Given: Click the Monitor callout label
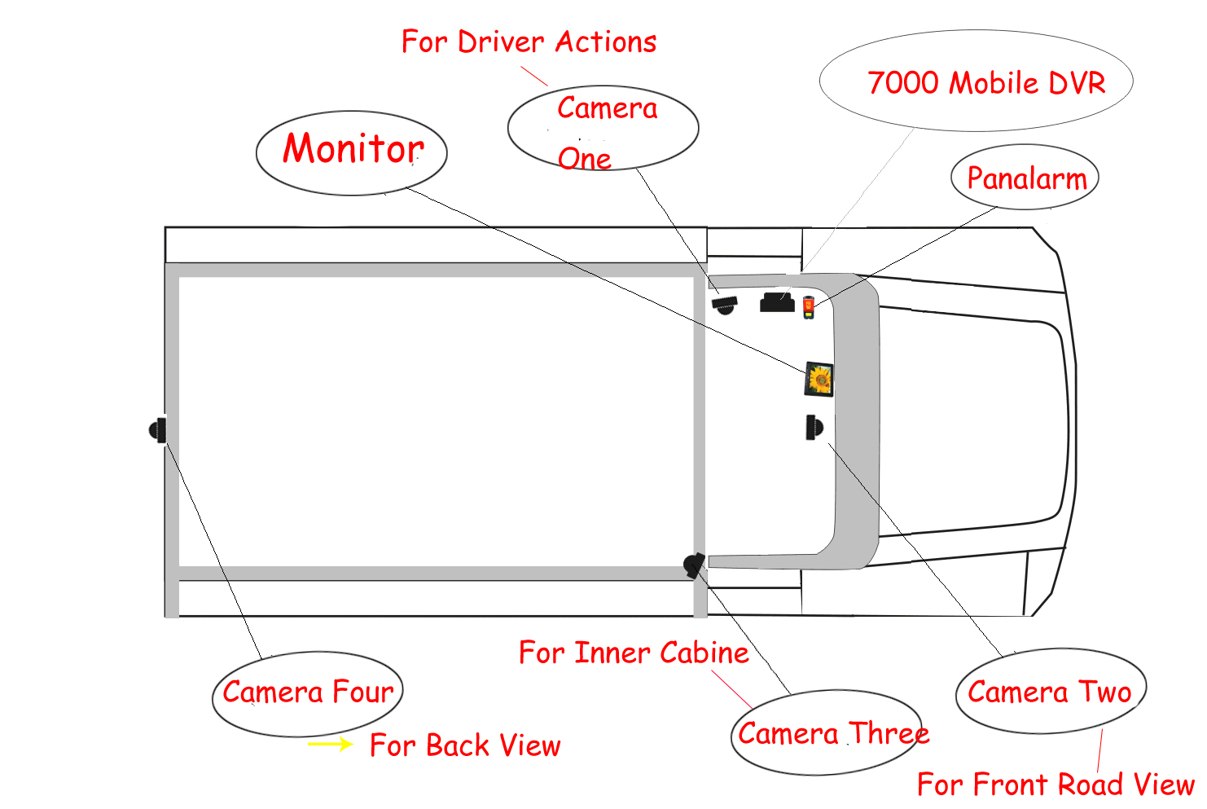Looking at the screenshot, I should click(352, 151).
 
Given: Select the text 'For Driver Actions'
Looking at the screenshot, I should click(529, 42).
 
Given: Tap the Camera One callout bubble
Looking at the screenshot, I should click(603, 128).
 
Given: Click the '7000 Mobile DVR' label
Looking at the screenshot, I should click(985, 83).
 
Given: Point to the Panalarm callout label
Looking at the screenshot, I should click(1025, 178).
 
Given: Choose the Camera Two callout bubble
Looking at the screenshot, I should click(1050, 692).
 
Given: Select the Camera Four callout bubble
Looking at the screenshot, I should click(308, 693).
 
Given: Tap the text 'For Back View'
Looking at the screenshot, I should click(465, 745).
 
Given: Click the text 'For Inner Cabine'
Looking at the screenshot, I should click(634, 653).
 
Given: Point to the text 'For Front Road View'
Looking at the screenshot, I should click(1055, 785).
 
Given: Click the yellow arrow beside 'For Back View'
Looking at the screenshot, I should click(330, 744).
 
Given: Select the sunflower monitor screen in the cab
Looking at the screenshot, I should click(819, 379).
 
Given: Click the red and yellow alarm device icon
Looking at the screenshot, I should click(808, 307).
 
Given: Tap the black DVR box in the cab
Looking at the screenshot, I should click(777, 303).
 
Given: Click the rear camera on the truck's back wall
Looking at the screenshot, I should click(158, 429).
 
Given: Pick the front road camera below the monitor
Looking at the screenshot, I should click(814, 427).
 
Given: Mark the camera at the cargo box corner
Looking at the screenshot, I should click(694, 565).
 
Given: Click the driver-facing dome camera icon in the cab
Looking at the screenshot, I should click(724, 305).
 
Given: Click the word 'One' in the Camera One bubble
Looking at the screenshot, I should click(584, 159).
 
